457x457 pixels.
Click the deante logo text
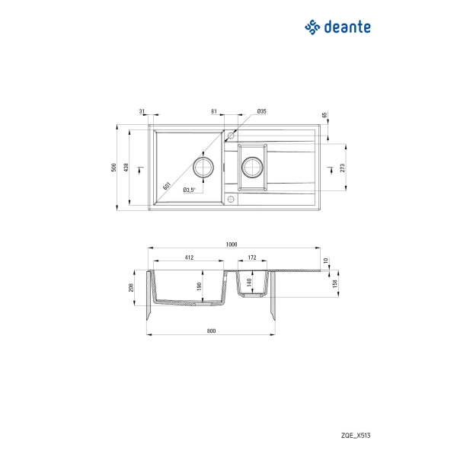(347, 27)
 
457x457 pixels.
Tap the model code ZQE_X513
(356, 436)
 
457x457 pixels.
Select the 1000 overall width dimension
(232, 244)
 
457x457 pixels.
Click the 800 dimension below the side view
(211, 331)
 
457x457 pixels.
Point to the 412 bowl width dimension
(189, 257)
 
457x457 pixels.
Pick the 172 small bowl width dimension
(252, 257)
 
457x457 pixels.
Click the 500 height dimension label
(113, 168)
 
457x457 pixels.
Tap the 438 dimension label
(126, 168)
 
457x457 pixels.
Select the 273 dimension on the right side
(342, 168)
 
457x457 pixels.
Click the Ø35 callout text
(262, 111)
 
